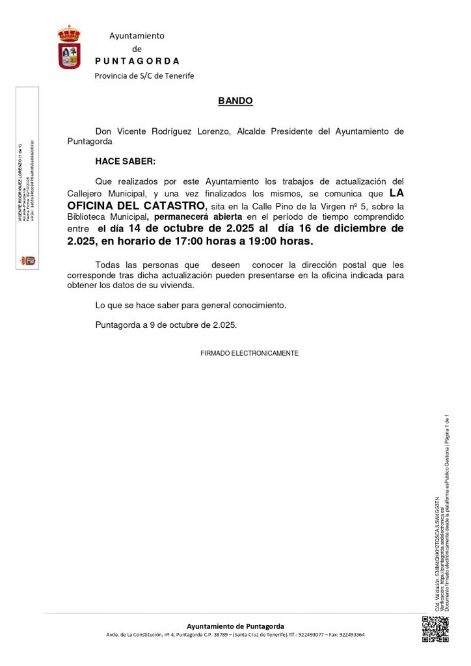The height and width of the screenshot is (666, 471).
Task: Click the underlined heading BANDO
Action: (235, 101)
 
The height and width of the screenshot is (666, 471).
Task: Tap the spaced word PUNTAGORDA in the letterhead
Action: (137, 61)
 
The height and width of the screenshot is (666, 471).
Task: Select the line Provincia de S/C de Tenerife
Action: (144, 76)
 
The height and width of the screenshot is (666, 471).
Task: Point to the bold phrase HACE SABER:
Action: (126, 161)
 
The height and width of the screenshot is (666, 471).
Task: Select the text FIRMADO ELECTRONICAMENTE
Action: (249, 353)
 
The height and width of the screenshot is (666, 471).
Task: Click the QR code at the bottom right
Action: (435, 629)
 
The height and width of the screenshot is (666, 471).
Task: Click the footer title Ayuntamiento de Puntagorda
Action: (235, 626)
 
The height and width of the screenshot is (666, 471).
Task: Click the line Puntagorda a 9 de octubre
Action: (166, 325)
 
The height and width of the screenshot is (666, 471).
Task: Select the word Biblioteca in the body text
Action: (87, 217)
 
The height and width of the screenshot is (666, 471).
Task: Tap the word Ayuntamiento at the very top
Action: (137, 35)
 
